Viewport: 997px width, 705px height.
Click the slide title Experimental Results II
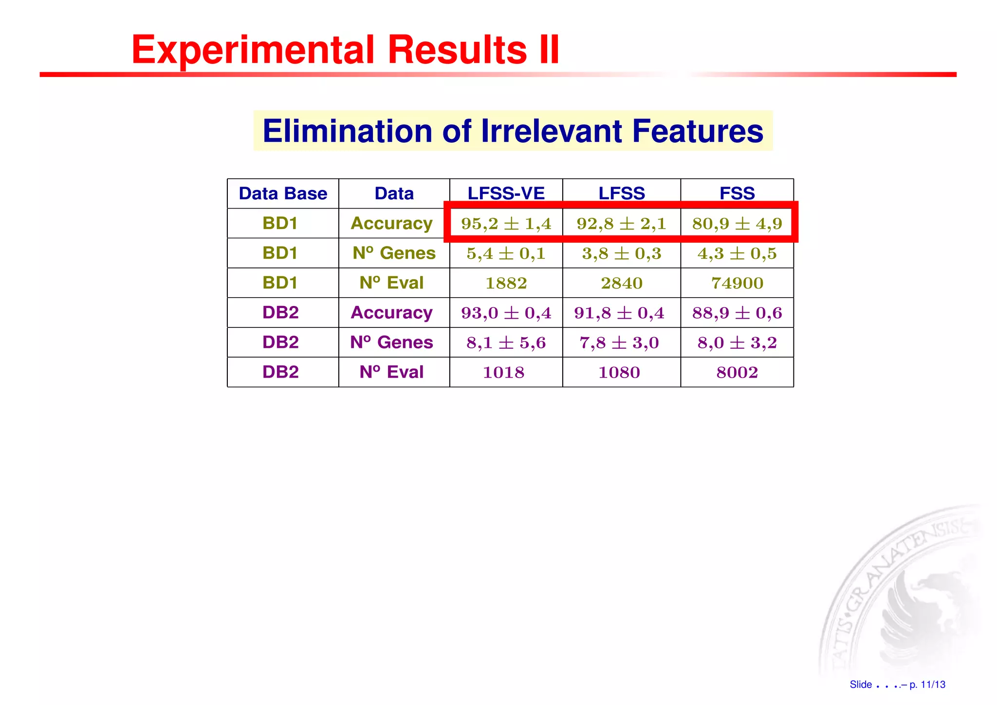pyautogui.click(x=345, y=50)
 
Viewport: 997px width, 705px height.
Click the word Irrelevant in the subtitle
pyautogui.click(x=551, y=131)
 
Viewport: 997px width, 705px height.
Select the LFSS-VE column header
pyautogui.click(x=506, y=193)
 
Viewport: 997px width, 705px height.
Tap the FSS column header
pyautogui.click(x=737, y=193)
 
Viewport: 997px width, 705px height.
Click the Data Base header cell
pyautogui.click(x=283, y=193)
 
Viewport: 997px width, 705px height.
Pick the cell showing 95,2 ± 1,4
pyautogui.click(x=506, y=224)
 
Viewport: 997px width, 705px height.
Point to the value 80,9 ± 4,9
pyautogui.click(x=737, y=224)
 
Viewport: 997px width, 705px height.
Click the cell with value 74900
pyautogui.click(x=737, y=283)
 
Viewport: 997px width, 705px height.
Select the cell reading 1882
pyautogui.click(x=506, y=283)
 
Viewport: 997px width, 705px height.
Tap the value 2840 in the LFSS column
pyautogui.click(x=621, y=283)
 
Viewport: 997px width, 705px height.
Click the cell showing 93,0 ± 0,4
pyautogui.click(x=506, y=313)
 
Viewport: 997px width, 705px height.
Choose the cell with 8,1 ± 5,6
pyautogui.click(x=506, y=343)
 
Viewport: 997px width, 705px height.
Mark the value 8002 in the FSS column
pyautogui.click(x=737, y=372)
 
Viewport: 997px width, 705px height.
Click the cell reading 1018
pyautogui.click(x=503, y=372)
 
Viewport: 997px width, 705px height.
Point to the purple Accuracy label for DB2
pyautogui.click(x=391, y=312)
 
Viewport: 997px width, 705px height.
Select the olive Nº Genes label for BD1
pyautogui.click(x=394, y=253)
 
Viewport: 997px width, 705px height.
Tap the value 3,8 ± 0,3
pyautogui.click(x=621, y=253)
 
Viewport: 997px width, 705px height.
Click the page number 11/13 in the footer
pyautogui.click(x=933, y=685)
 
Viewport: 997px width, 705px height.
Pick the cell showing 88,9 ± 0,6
pyautogui.click(x=737, y=313)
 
